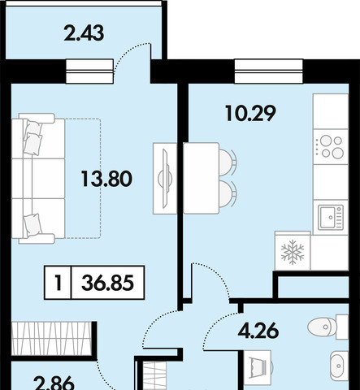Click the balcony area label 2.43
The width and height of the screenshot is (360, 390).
tap(84, 33)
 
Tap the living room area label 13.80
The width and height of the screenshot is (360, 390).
tap(106, 179)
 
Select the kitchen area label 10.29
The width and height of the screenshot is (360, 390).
tap(250, 113)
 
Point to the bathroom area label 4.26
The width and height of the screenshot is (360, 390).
tap(258, 330)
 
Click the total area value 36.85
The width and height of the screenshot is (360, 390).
tap(107, 283)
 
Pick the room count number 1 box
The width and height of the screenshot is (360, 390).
tap(58, 283)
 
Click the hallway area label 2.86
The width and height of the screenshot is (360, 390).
tap(54, 383)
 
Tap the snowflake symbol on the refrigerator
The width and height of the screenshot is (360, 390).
tap(293, 252)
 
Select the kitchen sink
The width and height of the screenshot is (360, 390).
tap(331, 218)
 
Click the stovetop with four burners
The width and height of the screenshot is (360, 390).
tap(331, 147)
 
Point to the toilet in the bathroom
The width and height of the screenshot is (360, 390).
tap(327, 327)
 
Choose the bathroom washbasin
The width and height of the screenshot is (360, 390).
tap(339, 366)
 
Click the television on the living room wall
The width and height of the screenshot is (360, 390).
tap(165, 179)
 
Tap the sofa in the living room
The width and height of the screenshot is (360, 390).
tap(38, 179)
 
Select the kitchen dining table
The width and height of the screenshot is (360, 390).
tap(202, 179)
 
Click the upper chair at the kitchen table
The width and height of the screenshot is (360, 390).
tap(228, 162)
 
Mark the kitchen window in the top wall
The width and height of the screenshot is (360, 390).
tap(268, 71)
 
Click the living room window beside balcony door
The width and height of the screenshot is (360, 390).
tap(89, 71)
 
